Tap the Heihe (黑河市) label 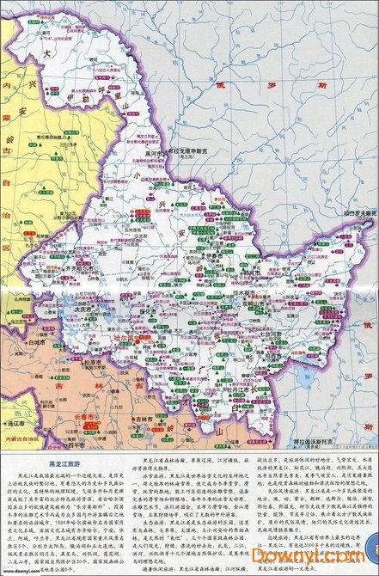coord(154,148)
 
